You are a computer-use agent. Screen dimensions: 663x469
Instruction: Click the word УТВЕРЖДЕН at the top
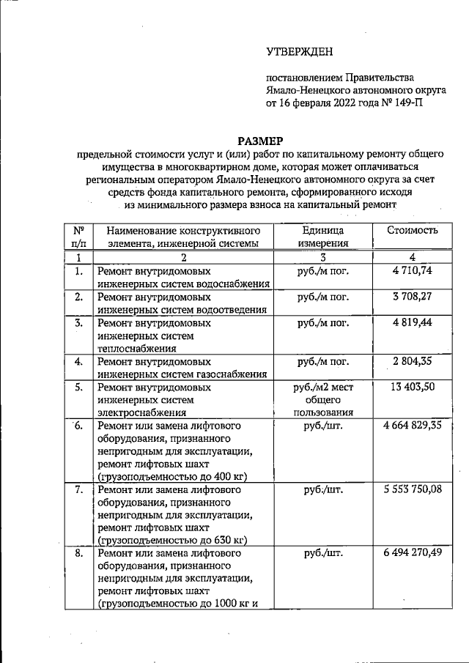point(298,51)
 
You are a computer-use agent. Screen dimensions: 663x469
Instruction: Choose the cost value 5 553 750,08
point(412,489)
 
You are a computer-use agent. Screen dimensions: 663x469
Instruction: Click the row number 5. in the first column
point(78,387)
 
